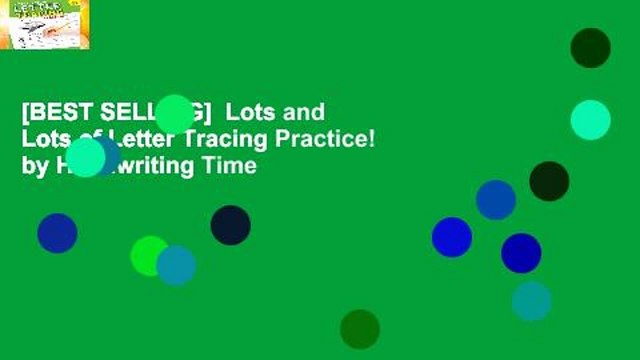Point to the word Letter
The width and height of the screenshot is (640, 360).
click(x=116, y=140)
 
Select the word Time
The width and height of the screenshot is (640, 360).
click(x=233, y=167)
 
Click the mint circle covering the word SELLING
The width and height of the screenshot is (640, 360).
click(x=174, y=114)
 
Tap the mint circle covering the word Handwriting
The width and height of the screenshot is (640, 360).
click(x=86, y=157)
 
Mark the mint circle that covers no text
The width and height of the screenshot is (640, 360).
click(x=590, y=120)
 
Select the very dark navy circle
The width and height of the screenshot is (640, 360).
click(x=230, y=225)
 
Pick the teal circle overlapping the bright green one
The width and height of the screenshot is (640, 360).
click(x=176, y=265)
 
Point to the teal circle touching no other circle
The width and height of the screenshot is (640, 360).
click(x=531, y=301)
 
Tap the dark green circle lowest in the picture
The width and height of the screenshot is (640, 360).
click(x=360, y=329)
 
